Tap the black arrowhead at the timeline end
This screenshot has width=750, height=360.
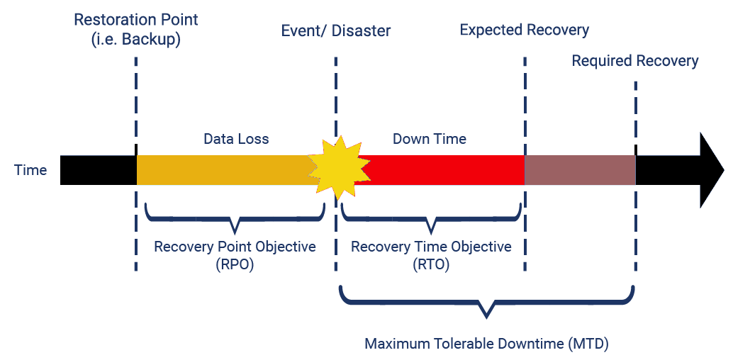[x=710, y=170]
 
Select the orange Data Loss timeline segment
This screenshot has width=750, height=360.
[x=223, y=170]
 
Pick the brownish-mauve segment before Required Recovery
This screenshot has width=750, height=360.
[x=579, y=170]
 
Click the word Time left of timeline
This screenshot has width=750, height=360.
[x=30, y=170]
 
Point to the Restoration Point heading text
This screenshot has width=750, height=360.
[x=136, y=19]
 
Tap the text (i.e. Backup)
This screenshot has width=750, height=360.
[x=136, y=40]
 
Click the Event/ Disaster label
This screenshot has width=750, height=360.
[x=336, y=31]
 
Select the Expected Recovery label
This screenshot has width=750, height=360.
[x=525, y=30]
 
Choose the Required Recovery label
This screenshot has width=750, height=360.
[x=635, y=61]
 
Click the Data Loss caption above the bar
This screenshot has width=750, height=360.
[x=236, y=139]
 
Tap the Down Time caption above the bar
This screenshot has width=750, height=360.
[x=430, y=139]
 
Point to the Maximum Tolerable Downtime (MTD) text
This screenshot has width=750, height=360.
[x=487, y=344]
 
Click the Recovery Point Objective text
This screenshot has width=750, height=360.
[x=235, y=247]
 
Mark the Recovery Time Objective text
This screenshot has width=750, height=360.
[x=431, y=247]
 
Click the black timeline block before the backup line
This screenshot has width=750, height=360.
[x=98, y=170]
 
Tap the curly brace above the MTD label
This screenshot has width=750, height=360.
[x=486, y=300]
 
